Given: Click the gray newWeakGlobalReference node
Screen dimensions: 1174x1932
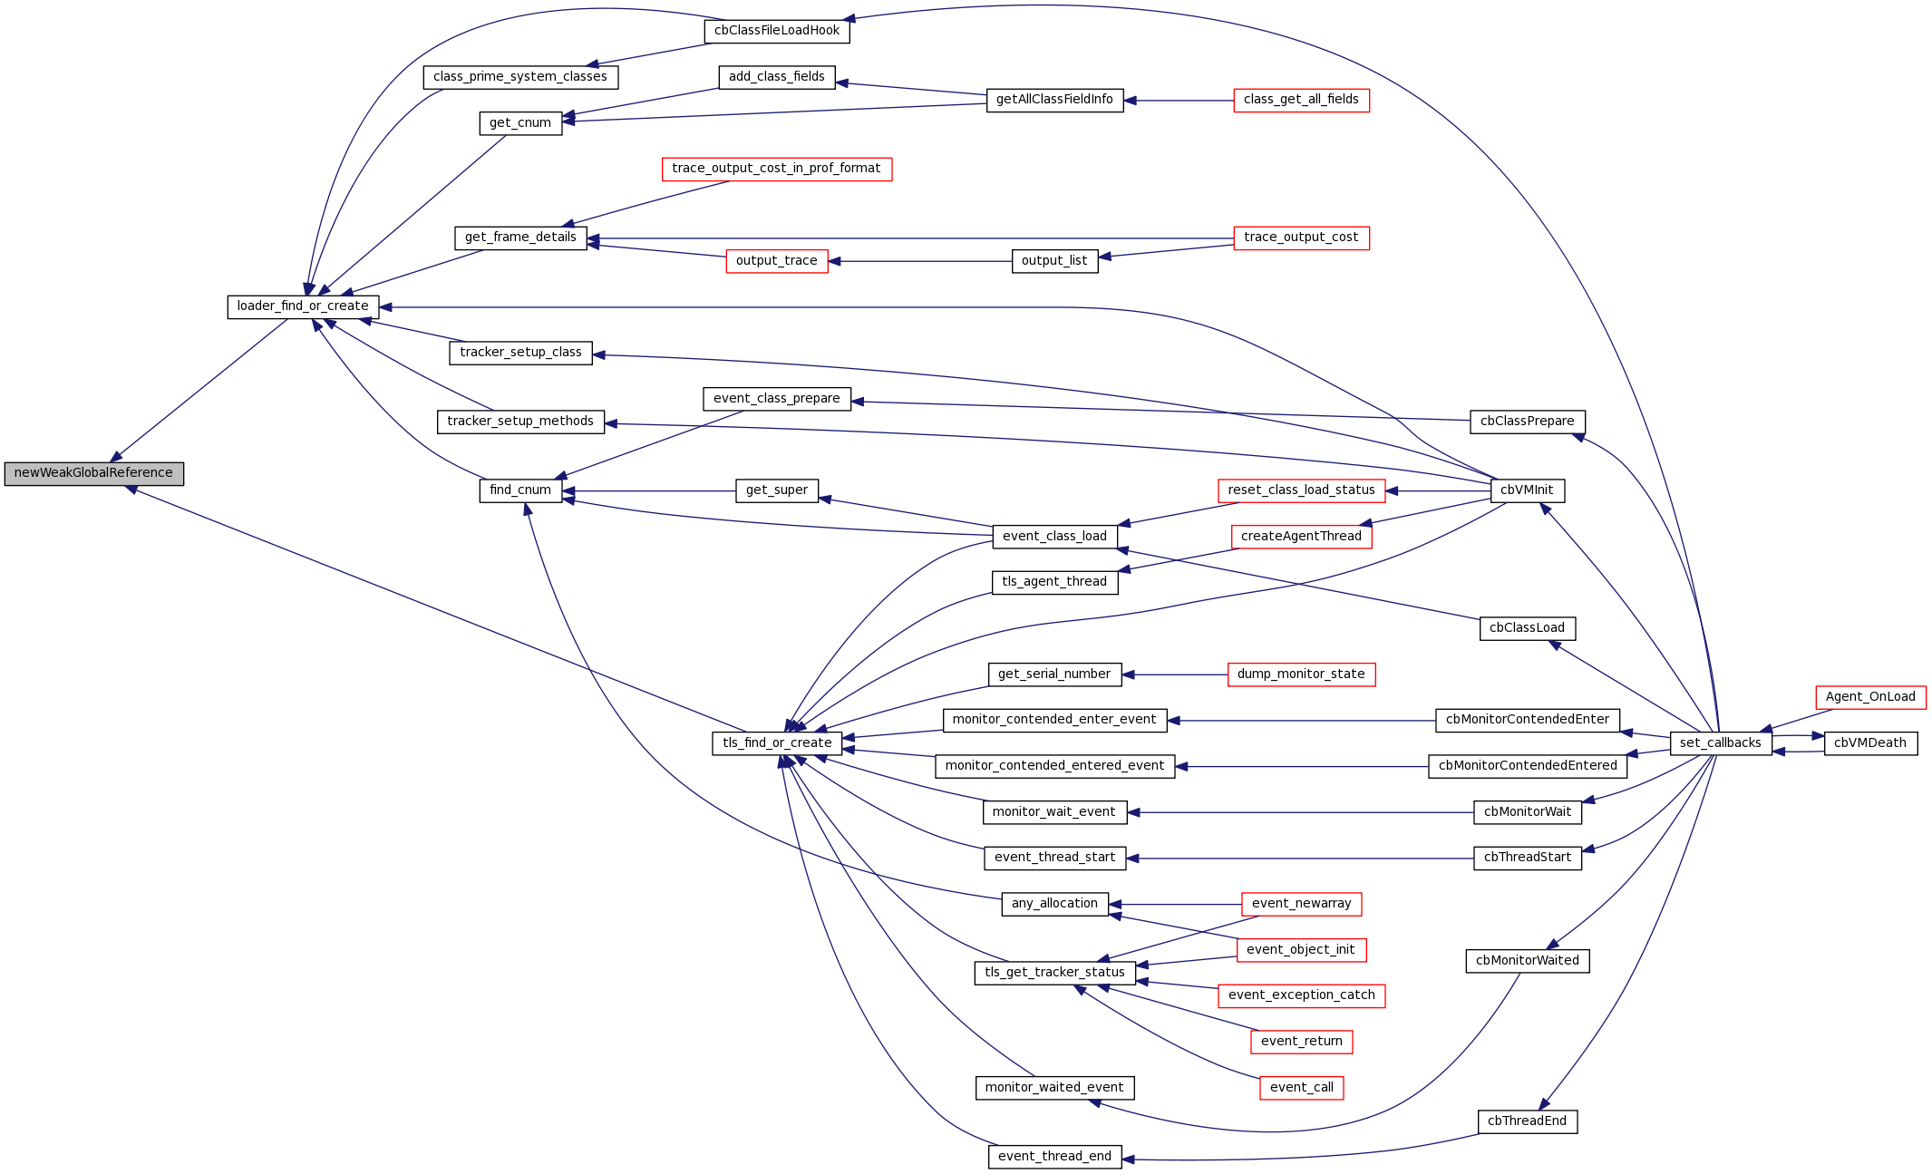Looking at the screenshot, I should click(93, 473).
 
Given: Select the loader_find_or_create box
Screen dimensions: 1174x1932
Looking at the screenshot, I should click(303, 306).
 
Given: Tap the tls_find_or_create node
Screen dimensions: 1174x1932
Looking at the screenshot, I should click(777, 743).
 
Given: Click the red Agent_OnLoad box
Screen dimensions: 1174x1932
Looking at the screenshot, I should click(1869, 697).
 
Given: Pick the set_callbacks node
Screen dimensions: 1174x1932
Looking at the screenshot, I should click(1720, 743).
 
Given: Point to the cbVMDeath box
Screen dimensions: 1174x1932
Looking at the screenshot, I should click(1869, 743).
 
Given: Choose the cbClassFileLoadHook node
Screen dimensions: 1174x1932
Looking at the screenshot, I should click(777, 31).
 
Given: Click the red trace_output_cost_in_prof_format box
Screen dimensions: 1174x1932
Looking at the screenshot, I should click(776, 169).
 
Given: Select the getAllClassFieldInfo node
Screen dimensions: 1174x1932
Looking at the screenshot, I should click(1054, 100).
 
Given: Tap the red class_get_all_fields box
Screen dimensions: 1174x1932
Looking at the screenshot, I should click(1301, 100).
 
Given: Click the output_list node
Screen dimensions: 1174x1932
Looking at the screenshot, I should click(1054, 261).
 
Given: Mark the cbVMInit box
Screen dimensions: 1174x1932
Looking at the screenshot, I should click(1527, 490).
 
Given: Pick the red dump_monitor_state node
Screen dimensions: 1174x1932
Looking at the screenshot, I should click(1301, 674).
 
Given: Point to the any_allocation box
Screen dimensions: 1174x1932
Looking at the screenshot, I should click(1054, 904).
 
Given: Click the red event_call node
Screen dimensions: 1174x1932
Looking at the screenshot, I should click(1301, 1088).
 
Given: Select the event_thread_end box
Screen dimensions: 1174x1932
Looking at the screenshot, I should click(1054, 1157).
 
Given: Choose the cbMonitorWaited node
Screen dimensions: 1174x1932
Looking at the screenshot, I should click(1527, 961).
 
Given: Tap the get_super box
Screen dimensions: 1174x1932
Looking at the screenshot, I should click(776, 490).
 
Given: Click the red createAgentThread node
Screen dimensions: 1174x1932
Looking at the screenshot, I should click(1301, 537).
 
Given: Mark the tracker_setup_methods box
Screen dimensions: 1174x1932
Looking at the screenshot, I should click(520, 422).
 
